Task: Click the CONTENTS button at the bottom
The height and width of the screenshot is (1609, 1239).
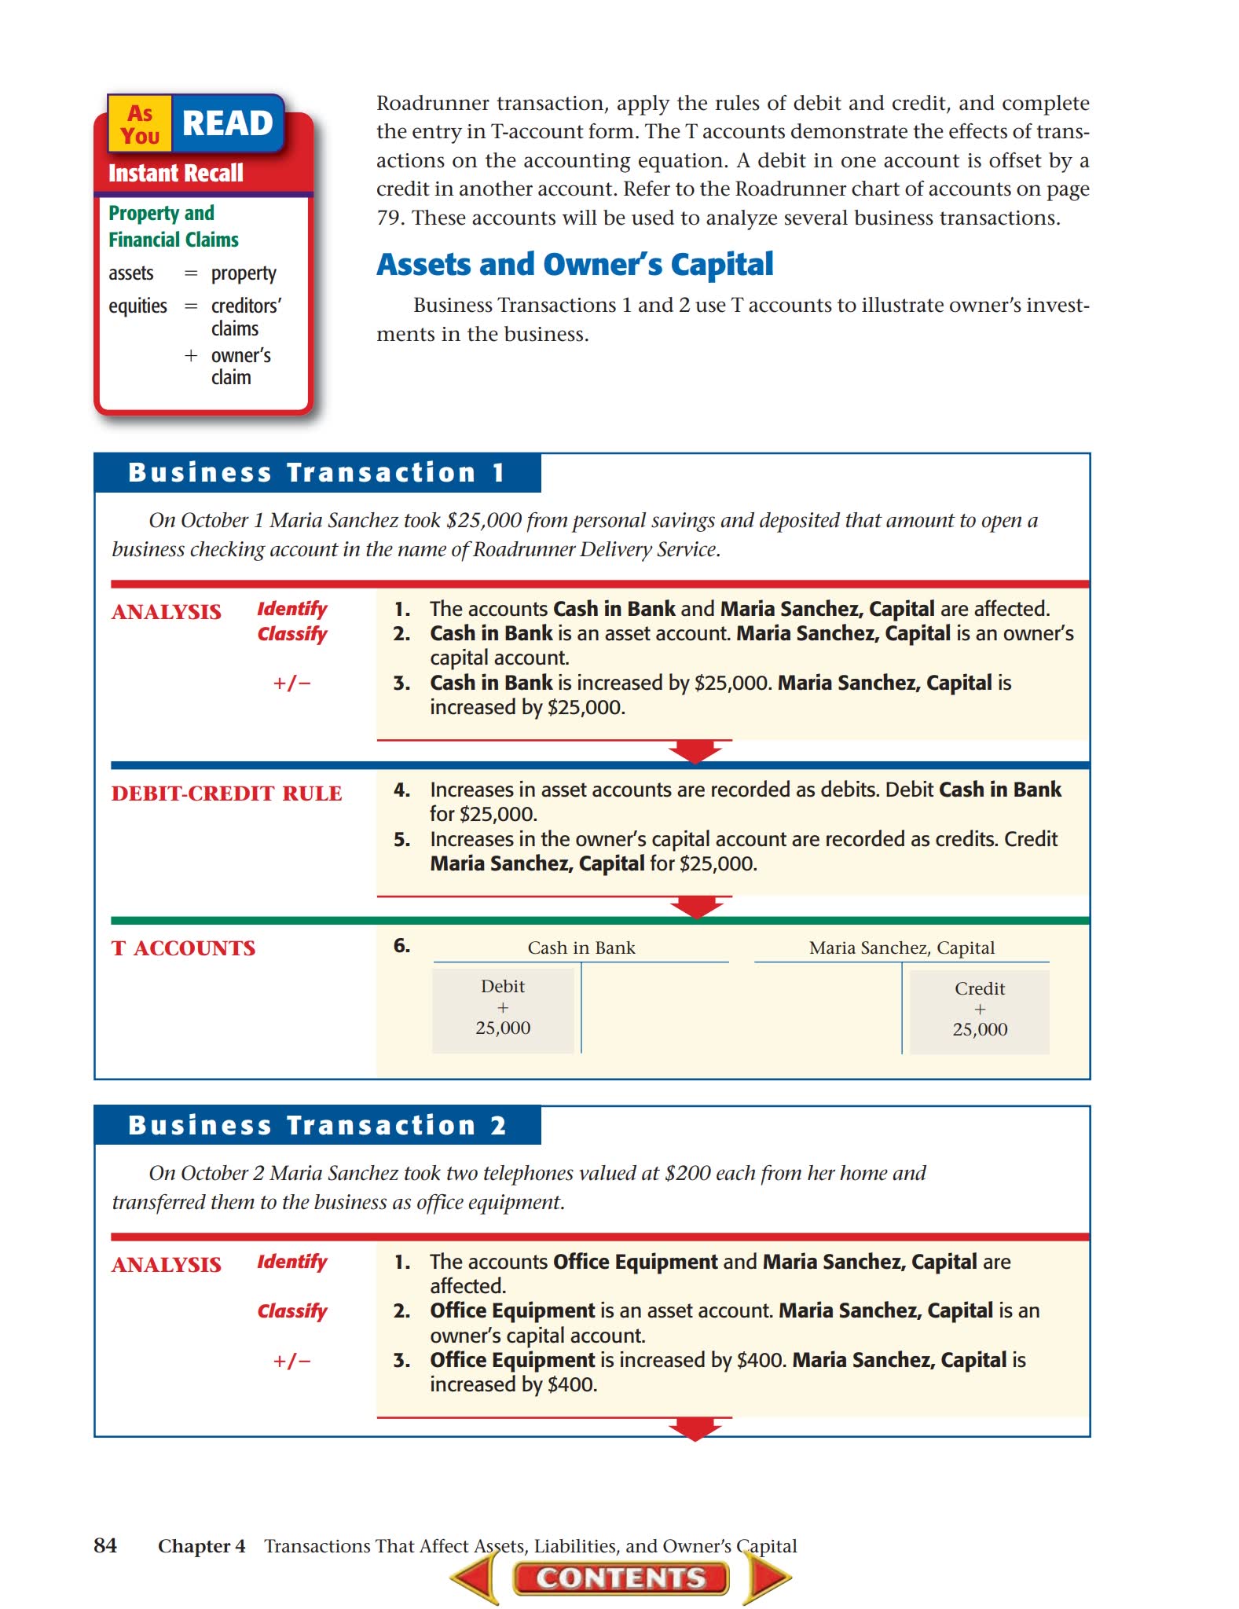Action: (x=621, y=1578)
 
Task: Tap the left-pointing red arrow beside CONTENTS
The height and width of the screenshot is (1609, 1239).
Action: (x=476, y=1578)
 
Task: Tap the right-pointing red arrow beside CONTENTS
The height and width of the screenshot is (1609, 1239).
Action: (x=765, y=1578)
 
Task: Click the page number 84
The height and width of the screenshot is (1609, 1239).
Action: (x=105, y=1545)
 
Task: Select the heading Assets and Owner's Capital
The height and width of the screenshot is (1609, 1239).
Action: (x=574, y=265)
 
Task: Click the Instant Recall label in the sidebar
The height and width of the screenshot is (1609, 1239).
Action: (x=175, y=173)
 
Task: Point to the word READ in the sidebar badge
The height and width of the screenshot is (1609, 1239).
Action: (x=227, y=123)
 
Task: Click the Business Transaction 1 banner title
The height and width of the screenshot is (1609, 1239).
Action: (x=316, y=472)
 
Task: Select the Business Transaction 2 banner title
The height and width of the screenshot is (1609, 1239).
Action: (x=317, y=1125)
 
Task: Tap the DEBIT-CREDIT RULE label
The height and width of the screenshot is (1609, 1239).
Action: (x=226, y=794)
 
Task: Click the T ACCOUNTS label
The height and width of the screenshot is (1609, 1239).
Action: (x=183, y=948)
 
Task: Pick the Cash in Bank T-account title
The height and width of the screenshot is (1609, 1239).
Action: (x=581, y=947)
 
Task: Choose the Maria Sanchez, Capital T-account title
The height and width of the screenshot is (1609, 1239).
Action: (x=901, y=947)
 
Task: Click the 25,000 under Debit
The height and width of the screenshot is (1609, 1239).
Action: (x=503, y=1028)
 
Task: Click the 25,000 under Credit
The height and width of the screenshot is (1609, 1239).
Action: (x=980, y=1029)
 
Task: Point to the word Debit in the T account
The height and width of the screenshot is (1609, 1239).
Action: (x=503, y=986)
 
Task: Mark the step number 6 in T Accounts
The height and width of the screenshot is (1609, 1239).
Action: (x=401, y=946)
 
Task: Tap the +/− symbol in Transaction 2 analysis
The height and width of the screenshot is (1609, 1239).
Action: (x=291, y=1361)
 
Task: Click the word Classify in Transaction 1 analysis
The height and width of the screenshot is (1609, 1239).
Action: (x=291, y=634)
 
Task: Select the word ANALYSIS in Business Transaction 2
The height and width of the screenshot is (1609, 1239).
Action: (x=166, y=1265)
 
